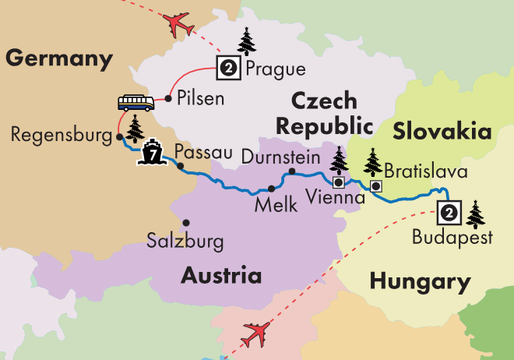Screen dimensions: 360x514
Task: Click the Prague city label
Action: pos(276,69)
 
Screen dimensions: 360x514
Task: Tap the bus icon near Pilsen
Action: pos(136,103)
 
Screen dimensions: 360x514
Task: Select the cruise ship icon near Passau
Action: pos(153,154)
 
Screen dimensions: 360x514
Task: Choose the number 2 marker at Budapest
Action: pos(449,212)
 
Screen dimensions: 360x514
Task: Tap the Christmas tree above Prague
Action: pos(247,41)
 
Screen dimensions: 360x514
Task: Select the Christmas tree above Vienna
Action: pos(339,160)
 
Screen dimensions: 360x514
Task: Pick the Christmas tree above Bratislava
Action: pos(373,161)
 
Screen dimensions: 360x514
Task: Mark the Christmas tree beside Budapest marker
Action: pos(474,212)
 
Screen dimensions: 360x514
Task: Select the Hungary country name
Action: pos(420,281)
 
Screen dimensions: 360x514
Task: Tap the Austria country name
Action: pos(221,275)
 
